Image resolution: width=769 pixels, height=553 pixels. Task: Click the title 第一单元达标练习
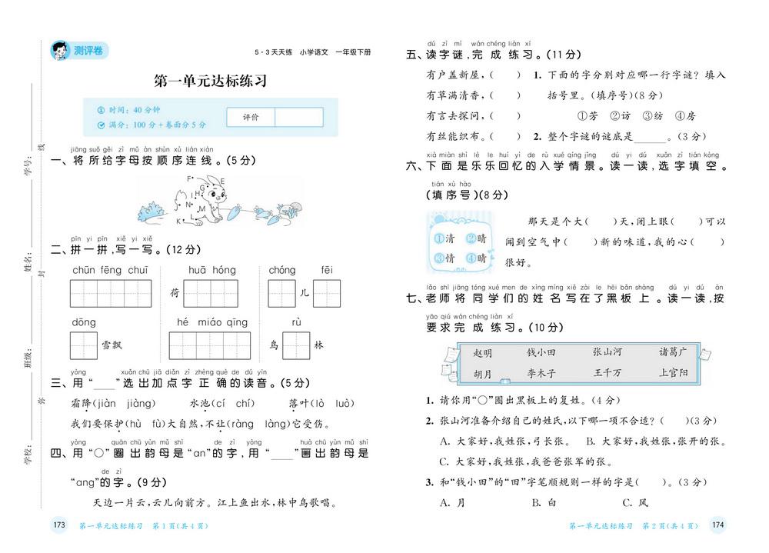pyautogui.click(x=210, y=81)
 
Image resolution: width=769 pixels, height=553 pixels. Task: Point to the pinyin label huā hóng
pyautogui.click(x=212, y=270)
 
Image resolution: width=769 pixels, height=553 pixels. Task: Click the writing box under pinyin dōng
pyautogui.click(x=84, y=345)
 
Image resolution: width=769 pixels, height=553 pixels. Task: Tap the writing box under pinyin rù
pyautogui.click(x=296, y=345)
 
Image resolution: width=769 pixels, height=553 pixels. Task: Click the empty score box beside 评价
pyautogui.click(x=298, y=117)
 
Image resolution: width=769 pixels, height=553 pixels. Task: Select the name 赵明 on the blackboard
pyautogui.click(x=483, y=353)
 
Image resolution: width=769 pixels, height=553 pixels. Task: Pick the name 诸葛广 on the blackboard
pyautogui.click(x=672, y=351)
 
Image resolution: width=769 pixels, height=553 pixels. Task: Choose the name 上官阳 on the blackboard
pyautogui.click(x=673, y=373)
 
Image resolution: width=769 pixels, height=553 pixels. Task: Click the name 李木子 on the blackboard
pyautogui.click(x=541, y=374)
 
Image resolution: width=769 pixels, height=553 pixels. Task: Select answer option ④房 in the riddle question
pyautogui.click(x=684, y=116)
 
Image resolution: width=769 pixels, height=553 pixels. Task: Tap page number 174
pyautogui.click(x=717, y=525)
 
